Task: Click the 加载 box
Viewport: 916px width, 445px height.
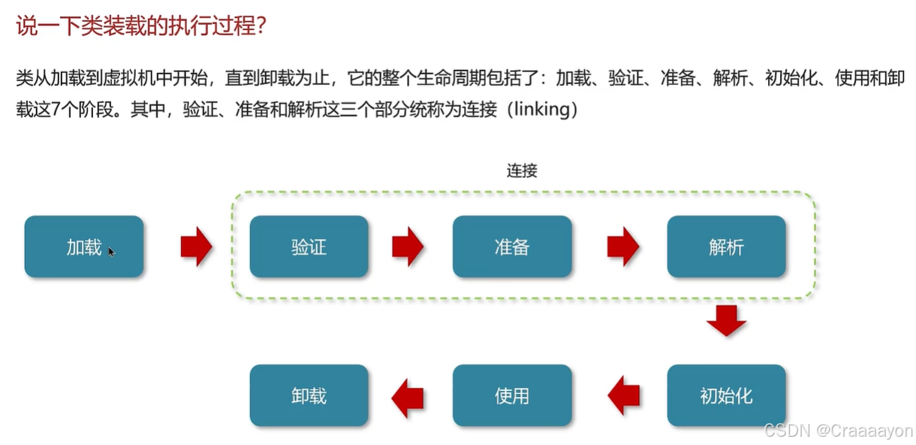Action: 83,247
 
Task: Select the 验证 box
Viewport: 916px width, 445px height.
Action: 309,247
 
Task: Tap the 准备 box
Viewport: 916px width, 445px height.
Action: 512,247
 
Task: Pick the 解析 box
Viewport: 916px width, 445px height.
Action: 726,247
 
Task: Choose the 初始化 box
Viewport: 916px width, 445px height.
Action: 726,395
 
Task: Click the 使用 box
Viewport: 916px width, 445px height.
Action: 512,395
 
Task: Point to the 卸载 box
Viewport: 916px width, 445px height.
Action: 309,395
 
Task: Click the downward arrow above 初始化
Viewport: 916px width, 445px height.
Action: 726,321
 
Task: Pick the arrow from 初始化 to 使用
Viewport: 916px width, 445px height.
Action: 623,395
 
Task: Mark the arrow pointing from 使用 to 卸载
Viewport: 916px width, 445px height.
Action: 408,395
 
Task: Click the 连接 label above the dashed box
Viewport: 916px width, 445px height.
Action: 522,171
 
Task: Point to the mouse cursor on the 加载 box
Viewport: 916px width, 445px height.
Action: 111,252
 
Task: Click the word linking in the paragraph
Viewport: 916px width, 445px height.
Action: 541,110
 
